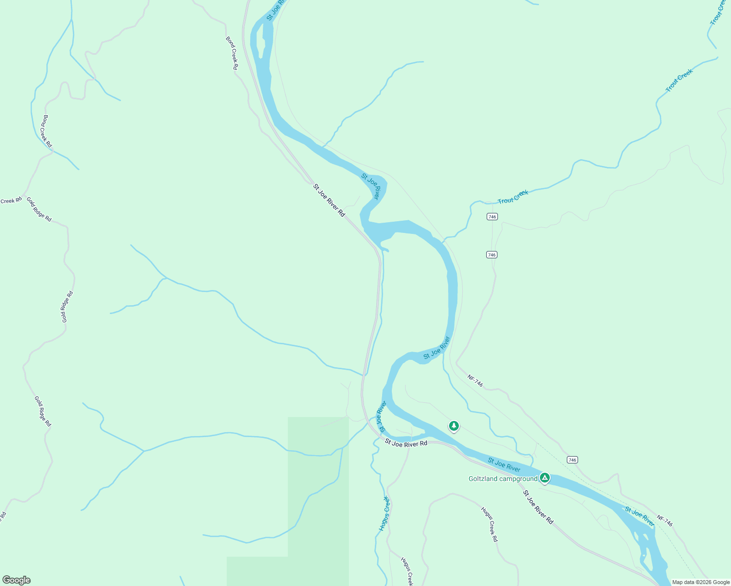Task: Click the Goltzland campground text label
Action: pyautogui.click(x=503, y=479)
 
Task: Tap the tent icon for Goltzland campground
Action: pyautogui.click(x=545, y=478)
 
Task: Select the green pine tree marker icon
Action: pyautogui.click(x=454, y=426)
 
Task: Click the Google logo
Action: pyautogui.click(x=17, y=580)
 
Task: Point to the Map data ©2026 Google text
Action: pyautogui.click(x=700, y=582)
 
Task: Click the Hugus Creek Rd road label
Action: pyautogui.click(x=489, y=524)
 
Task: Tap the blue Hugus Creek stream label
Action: pyautogui.click(x=385, y=513)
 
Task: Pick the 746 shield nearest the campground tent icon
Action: pyautogui.click(x=572, y=460)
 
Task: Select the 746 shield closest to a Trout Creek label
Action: pyautogui.click(x=492, y=216)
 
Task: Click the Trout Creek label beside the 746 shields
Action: pyautogui.click(x=513, y=197)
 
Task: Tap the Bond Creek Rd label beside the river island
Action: pyautogui.click(x=232, y=53)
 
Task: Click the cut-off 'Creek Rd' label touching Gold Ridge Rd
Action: pyautogui.click(x=11, y=200)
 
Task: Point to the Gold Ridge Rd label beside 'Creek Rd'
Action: pyautogui.click(x=39, y=209)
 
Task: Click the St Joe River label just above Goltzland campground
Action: pyautogui.click(x=504, y=464)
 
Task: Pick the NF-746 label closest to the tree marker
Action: pyautogui.click(x=475, y=381)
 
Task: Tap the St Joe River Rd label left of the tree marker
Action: pyautogui.click(x=406, y=443)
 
